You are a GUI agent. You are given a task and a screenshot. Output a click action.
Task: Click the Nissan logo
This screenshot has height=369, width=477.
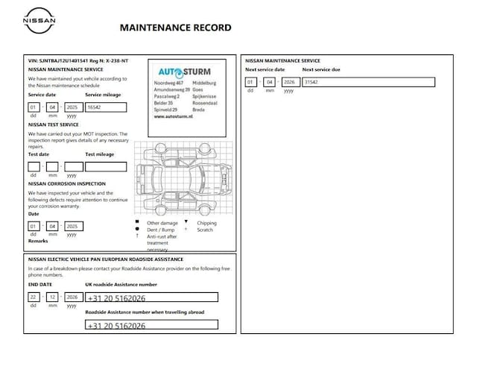click(x=39, y=21)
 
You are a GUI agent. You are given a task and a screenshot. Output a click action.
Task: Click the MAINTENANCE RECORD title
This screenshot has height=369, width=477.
click(x=175, y=28)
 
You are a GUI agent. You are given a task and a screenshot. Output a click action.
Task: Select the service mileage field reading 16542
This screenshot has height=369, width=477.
click(x=105, y=107)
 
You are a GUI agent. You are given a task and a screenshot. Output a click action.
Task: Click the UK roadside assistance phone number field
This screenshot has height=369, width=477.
click(x=151, y=297)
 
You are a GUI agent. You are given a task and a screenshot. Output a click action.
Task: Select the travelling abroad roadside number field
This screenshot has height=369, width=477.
click(x=151, y=325)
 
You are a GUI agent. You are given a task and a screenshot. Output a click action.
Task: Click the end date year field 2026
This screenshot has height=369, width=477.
click(x=72, y=297)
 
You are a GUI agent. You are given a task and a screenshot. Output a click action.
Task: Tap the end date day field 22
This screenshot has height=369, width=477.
click(x=34, y=297)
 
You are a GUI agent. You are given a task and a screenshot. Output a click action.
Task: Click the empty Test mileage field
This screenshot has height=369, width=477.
click(x=105, y=166)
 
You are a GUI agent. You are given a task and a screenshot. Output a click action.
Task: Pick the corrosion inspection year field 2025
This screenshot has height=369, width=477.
click(x=72, y=225)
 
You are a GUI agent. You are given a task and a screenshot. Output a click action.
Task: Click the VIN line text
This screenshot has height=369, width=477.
click(x=78, y=60)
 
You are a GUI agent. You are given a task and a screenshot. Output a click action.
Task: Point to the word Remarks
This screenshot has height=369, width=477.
click(x=38, y=242)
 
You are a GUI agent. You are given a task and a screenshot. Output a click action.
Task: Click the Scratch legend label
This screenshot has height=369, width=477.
click(x=205, y=230)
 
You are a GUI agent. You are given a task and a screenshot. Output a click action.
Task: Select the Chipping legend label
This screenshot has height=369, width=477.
click(x=206, y=223)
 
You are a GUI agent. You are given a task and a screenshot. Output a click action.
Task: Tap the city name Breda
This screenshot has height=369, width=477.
click(x=198, y=109)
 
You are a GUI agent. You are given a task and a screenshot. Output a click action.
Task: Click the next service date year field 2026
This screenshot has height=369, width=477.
click(x=289, y=82)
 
